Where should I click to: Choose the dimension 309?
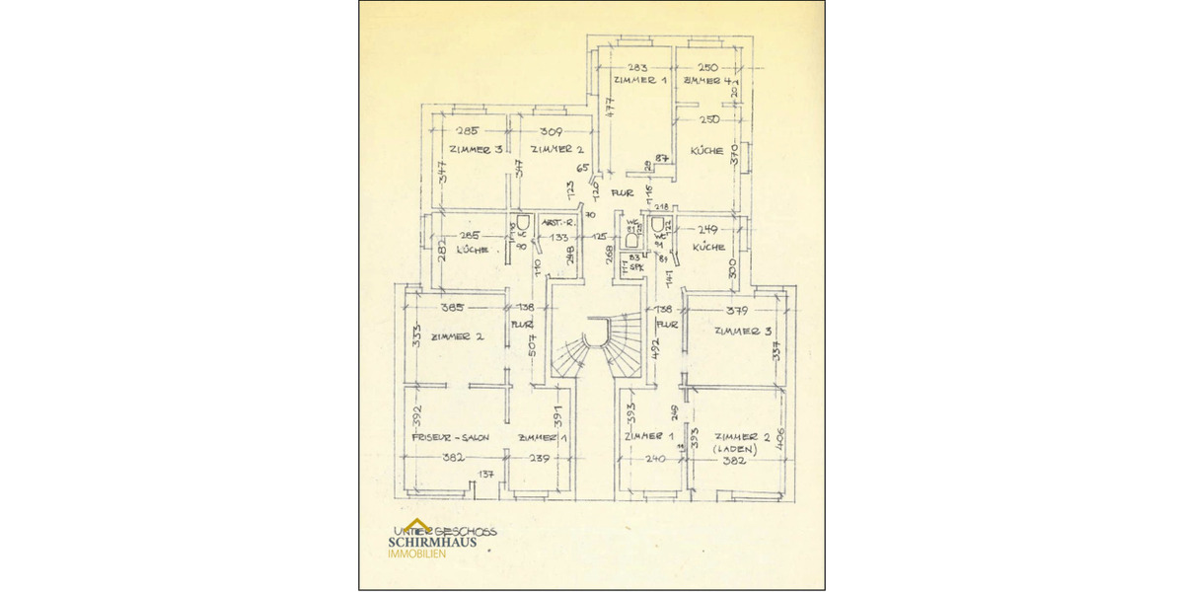(551, 131)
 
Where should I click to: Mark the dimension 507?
(530, 345)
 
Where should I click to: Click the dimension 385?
(454, 308)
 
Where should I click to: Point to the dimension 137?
(485, 476)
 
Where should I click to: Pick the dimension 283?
(637, 67)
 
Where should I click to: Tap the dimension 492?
(654, 349)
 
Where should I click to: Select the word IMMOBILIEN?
(415, 554)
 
